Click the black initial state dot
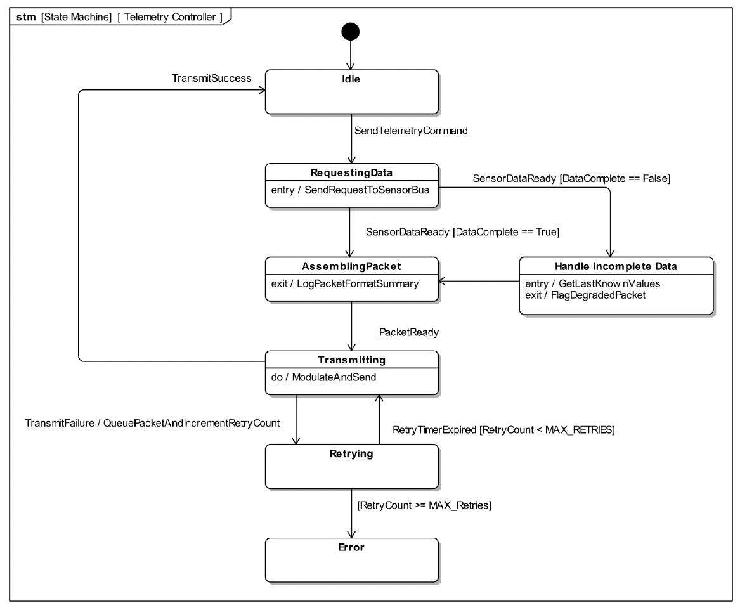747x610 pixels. [x=350, y=31]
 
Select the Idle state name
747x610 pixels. [x=351, y=79]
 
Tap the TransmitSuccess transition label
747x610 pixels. [x=212, y=78]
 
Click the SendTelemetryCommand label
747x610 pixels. [x=411, y=131]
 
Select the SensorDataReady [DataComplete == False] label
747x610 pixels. [x=571, y=179]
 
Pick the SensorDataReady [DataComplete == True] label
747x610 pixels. [x=462, y=233]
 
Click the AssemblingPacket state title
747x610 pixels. [x=351, y=266]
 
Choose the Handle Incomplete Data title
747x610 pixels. [x=615, y=266]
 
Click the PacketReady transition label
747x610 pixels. [x=409, y=332]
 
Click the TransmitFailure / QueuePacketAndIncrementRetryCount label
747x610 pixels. [x=152, y=422]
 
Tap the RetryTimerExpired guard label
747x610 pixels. [x=503, y=431]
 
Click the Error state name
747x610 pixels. [x=351, y=547]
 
